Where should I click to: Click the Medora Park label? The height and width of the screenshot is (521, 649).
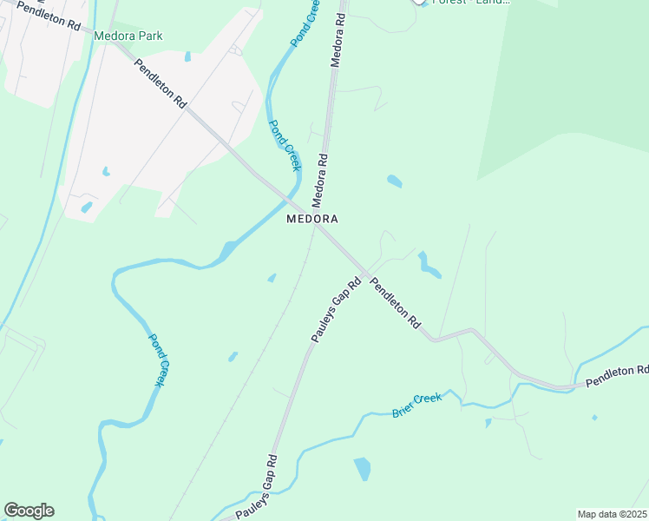tap(128, 36)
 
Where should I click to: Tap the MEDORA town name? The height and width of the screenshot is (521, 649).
tap(311, 219)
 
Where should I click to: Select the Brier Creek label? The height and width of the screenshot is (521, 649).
tap(416, 404)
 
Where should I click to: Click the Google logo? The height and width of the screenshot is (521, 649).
tap(29, 511)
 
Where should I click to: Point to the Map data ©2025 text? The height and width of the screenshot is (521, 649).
tap(613, 514)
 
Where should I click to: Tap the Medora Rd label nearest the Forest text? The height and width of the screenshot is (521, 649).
tap(338, 39)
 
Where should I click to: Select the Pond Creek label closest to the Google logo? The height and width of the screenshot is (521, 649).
tap(158, 359)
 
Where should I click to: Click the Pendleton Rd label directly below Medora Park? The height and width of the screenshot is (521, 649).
tap(161, 84)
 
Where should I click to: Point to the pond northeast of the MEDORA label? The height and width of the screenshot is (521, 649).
tap(395, 181)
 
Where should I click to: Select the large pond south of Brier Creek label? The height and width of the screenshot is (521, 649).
tap(362, 469)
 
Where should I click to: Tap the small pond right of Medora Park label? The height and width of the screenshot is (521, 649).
tap(187, 57)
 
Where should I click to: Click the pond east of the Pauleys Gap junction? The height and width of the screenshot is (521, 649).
tap(427, 265)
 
